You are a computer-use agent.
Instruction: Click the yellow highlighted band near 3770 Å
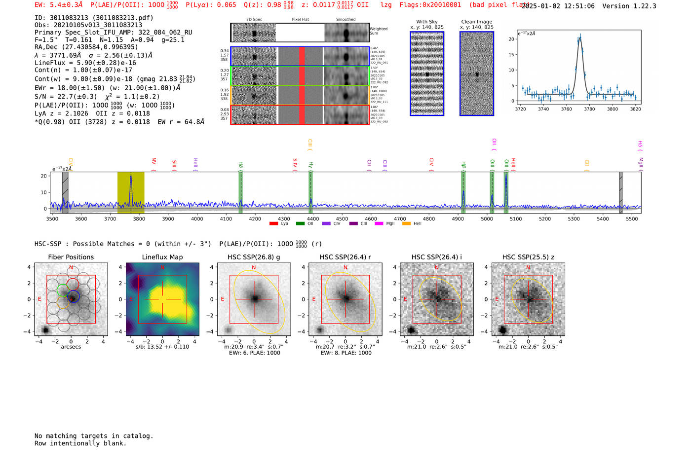click(x=131, y=192)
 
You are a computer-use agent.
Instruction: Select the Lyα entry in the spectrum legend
click(x=284, y=224)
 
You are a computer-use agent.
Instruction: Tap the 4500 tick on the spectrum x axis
click(x=342, y=219)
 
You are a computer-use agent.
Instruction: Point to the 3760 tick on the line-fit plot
click(x=567, y=109)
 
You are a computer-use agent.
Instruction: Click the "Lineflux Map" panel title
click(x=162, y=257)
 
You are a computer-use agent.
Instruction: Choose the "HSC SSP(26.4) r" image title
click(x=345, y=257)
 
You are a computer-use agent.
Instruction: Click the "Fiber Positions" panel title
click(x=71, y=257)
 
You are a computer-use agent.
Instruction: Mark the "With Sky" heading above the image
click(x=427, y=22)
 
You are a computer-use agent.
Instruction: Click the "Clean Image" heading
click(x=477, y=22)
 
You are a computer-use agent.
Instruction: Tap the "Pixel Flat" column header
click(x=300, y=20)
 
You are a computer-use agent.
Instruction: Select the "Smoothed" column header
click(x=346, y=20)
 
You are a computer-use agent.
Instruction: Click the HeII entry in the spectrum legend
click(x=417, y=224)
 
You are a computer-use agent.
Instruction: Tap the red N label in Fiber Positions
click(x=71, y=268)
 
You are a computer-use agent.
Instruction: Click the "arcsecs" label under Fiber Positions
click(x=71, y=347)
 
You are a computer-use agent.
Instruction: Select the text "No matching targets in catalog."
click(x=94, y=436)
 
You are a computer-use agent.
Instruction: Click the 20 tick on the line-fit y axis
click(x=511, y=39)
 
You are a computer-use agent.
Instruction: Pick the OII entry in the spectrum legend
click(x=310, y=224)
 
